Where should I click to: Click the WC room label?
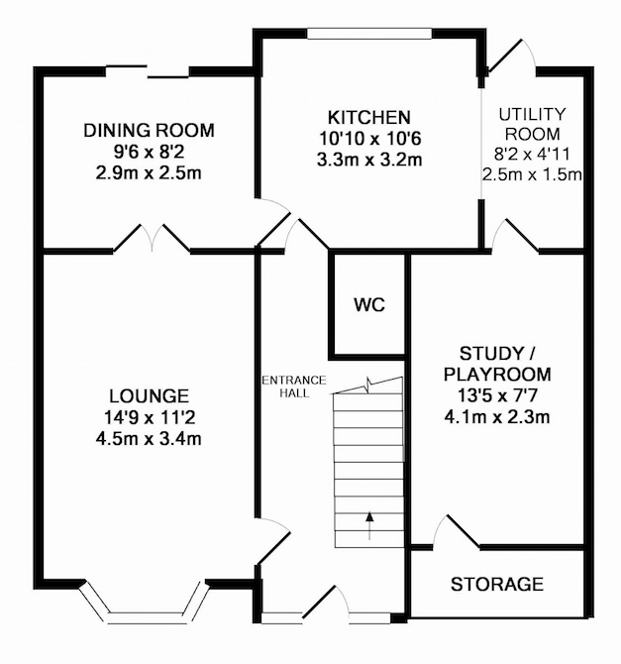point(369,304)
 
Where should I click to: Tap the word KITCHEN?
point(369,117)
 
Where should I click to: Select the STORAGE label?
point(497,585)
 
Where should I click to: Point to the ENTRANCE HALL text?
point(294,387)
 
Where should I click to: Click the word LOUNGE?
point(149,396)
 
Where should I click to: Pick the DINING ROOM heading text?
point(149,130)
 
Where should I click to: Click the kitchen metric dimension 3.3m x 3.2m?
point(369,161)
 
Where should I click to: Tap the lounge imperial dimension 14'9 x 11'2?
point(149,418)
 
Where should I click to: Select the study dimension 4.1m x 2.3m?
point(497,417)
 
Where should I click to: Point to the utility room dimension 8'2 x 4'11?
point(532,155)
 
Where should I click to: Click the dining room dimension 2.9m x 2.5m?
point(149,173)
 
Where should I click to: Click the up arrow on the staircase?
point(370,526)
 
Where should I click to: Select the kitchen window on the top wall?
point(369,34)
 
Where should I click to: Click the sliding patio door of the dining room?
point(147,71)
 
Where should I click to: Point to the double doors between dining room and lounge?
point(152,238)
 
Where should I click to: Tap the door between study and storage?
point(457,531)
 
